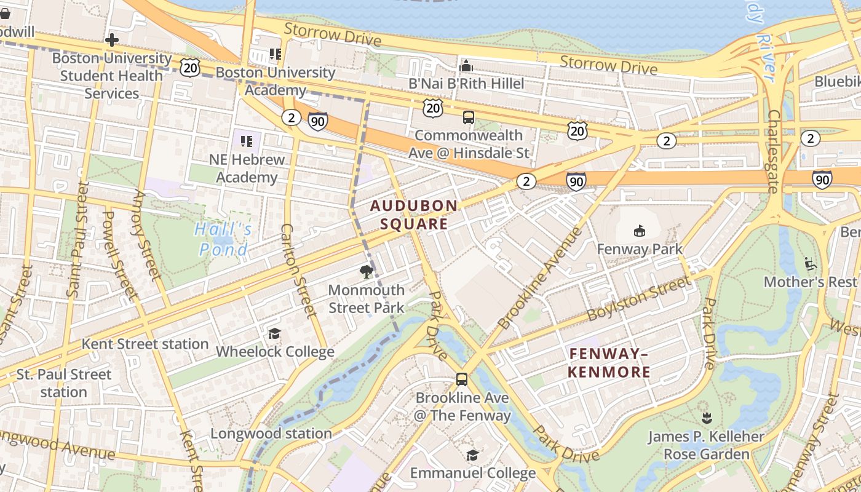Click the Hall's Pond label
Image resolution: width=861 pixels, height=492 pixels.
[223, 239]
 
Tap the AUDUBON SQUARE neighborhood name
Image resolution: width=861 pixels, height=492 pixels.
[413, 215]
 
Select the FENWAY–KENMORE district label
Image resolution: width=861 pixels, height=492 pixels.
[609, 363]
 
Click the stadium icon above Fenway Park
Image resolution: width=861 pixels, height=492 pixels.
[640, 231]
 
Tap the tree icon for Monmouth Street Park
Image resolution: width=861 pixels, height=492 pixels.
[367, 272]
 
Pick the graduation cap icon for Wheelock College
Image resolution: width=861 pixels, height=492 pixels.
[274, 333]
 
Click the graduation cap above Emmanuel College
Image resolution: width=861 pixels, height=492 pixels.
[472, 455]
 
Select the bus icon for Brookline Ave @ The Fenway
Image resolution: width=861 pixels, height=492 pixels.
[462, 379]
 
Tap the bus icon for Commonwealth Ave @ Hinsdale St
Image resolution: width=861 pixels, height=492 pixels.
[469, 117]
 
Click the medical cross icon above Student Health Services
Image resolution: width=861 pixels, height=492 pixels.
[111, 41]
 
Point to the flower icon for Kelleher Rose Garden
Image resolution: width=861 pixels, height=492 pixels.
[706, 418]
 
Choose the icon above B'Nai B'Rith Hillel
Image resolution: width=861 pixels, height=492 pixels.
[466, 65]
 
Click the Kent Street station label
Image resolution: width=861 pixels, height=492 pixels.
[145, 344]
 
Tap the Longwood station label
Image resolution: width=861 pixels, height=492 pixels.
[271, 434]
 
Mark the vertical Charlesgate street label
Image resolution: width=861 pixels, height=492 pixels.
[774, 151]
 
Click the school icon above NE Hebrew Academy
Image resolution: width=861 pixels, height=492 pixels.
[247, 141]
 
